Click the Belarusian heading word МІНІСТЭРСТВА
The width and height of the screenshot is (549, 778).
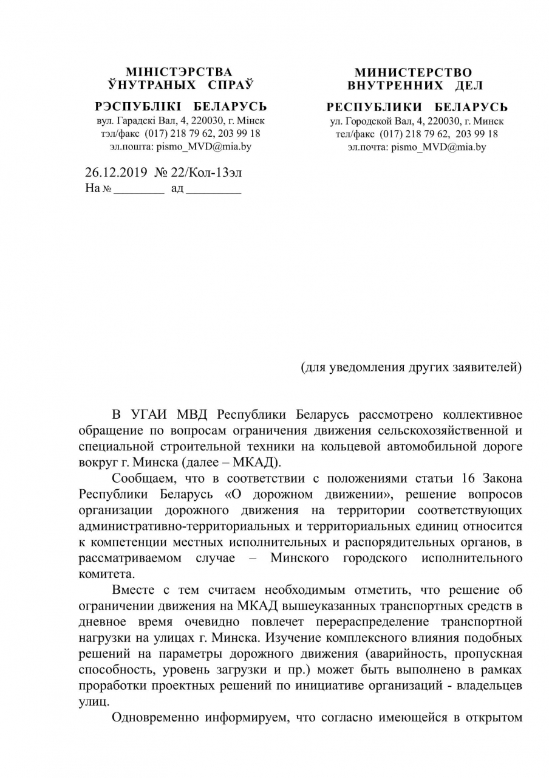[179, 72]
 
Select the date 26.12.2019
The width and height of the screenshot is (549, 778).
[116, 173]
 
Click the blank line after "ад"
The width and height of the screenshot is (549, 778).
[213, 190]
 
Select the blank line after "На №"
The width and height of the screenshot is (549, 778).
[139, 190]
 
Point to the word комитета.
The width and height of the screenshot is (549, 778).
[107, 573]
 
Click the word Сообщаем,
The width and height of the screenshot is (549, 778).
[143, 478]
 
